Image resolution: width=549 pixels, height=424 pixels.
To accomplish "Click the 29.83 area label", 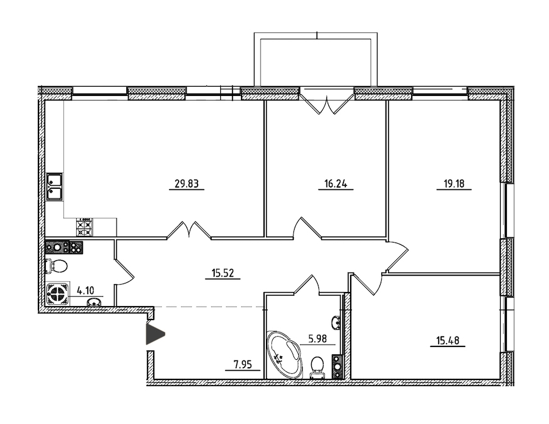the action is (186, 183).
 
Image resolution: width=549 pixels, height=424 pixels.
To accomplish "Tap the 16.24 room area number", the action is (335, 183).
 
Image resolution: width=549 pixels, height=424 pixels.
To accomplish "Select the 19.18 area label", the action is (454, 183).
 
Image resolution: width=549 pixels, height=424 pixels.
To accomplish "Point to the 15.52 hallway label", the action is (223, 273).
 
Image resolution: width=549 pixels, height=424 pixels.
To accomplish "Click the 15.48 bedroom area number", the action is (448, 340).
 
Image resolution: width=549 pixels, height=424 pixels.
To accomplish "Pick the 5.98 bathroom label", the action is (317, 339).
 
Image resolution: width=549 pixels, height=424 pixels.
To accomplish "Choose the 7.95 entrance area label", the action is (243, 365).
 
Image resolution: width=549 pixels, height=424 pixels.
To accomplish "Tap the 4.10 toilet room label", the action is (85, 290).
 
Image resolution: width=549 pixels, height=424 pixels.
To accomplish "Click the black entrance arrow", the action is (155, 334).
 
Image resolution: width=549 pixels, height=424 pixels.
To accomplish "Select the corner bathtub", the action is (284, 354).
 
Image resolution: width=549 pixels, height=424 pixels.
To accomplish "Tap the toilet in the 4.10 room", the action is (56, 266).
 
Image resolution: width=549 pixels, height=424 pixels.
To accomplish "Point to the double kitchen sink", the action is (54, 186).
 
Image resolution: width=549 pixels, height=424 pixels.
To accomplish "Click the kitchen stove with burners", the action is (85, 227).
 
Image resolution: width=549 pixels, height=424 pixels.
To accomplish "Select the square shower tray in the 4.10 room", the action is (57, 293).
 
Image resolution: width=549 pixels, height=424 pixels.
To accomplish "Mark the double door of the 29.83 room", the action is (189, 230).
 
